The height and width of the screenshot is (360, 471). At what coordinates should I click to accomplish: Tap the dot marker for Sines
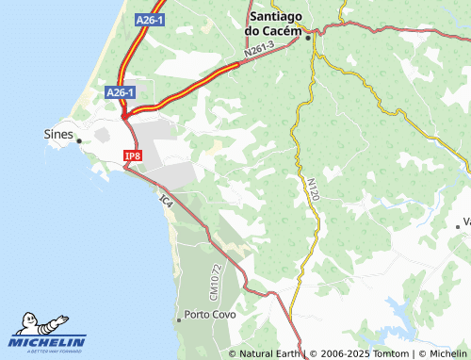(x=79, y=141)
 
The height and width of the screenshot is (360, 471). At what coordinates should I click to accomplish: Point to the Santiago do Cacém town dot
(x=308, y=37)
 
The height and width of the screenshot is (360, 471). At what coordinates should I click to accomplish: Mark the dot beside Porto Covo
(x=179, y=320)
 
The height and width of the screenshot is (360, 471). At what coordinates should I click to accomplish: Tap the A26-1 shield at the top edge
(x=149, y=19)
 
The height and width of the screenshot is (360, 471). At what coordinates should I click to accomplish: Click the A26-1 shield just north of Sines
(x=120, y=91)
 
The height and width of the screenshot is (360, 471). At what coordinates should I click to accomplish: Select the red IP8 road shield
(x=132, y=155)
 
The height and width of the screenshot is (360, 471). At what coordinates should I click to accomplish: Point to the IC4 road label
(x=167, y=201)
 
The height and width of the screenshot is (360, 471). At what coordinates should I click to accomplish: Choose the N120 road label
(x=314, y=188)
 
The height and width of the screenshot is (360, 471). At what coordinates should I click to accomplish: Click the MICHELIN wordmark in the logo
(x=48, y=341)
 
